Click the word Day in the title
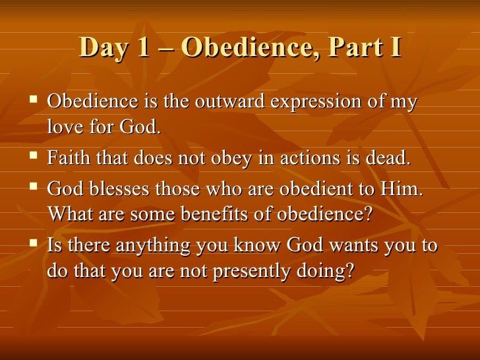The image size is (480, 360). click(x=101, y=49)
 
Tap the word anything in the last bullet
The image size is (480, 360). click(x=150, y=247)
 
